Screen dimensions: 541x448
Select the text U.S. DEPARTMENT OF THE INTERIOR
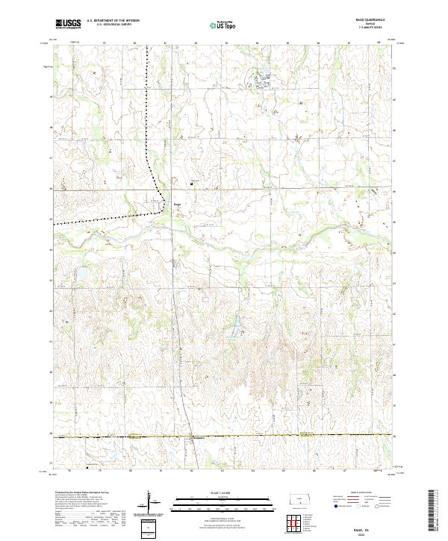[x=113, y=21]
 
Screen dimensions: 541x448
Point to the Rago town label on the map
[x=178, y=199]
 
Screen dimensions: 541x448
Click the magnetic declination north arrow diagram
[x=152, y=502]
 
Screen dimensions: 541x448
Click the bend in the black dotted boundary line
[x=164, y=205]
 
